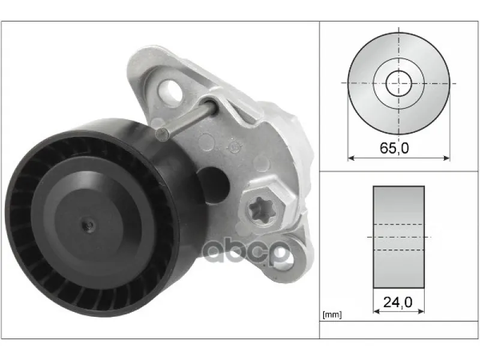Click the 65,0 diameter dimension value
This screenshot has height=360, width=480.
[394, 148]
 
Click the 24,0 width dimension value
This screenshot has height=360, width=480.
[398, 302]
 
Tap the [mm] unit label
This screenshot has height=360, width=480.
[332, 314]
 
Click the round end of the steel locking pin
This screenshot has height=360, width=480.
[162, 134]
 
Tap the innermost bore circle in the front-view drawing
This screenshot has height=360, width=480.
[398, 70]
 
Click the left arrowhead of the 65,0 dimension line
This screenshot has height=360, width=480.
[352, 158]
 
